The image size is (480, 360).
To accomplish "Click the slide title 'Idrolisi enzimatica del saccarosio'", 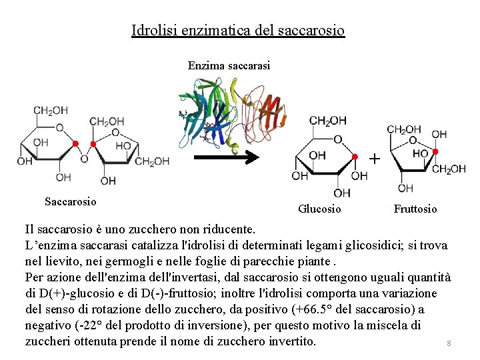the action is [238, 30].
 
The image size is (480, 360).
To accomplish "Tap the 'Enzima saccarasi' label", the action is [229, 65].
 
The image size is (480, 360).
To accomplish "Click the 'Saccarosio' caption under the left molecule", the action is [70, 201].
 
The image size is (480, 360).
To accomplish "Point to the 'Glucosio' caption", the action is [319, 209].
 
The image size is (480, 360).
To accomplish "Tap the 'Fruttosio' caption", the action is [415, 209].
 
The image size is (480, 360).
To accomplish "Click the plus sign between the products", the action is [375, 159].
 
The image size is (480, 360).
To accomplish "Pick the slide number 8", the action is [449, 343].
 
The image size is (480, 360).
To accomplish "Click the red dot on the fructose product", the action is [435, 152].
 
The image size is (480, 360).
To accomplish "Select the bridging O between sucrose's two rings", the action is [84, 159].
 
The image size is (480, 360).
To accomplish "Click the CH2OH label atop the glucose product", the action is [327, 121].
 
